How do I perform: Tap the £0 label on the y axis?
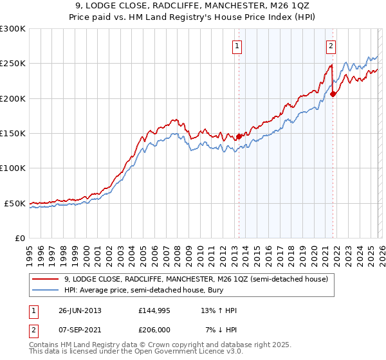click(x=20, y=238)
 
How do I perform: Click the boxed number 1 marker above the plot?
click(x=237, y=46)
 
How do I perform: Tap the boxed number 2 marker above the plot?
click(x=331, y=46)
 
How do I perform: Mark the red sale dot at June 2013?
click(x=239, y=136)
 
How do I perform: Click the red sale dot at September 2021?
click(x=333, y=94)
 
